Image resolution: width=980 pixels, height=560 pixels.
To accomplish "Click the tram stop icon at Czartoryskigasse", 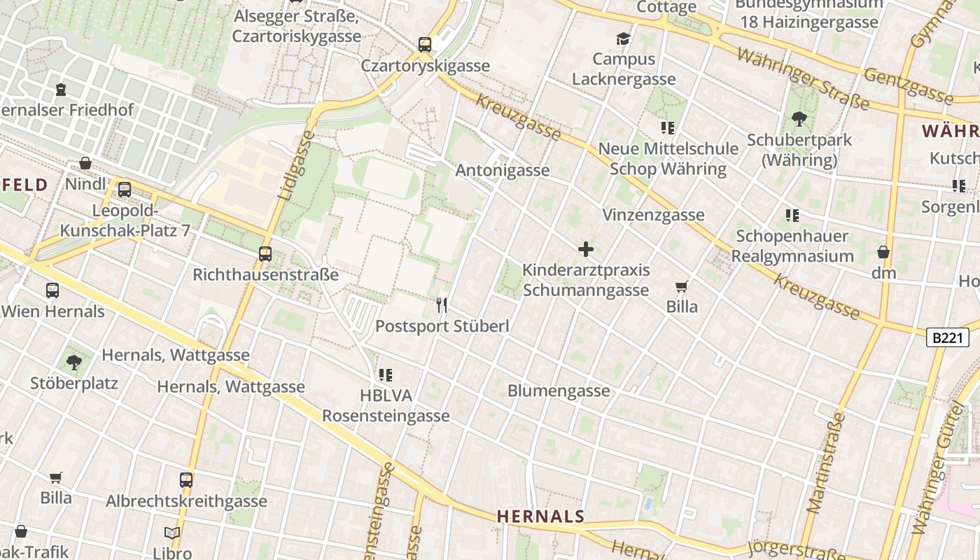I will pyautogui.click(x=425, y=45).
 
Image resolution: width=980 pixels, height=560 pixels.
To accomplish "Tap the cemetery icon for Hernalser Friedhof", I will pyautogui.click(x=62, y=90).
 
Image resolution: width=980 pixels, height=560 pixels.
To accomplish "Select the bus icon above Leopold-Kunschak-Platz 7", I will pyautogui.click(x=125, y=189).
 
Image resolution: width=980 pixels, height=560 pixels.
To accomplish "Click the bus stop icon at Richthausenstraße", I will pyautogui.click(x=265, y=254).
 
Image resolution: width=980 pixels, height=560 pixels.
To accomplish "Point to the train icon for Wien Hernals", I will pyautogui.click(x=52, y=290).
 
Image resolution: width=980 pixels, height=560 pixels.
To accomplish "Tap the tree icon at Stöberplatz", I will pyautogui.click(x=74, y=363).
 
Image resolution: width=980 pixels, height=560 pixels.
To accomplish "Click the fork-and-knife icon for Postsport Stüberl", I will pyautogui.click(x=442, y=304).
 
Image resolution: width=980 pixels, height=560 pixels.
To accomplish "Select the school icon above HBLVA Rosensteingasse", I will pyautogui.click(x=385, y=375).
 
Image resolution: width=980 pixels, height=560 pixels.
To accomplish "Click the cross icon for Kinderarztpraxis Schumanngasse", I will pyautogui.click(x=586, y=249).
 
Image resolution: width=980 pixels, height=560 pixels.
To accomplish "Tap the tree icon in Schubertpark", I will pyautogui.click(x=799, y=119).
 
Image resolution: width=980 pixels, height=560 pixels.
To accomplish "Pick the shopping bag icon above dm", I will pyautogui.click(x=883, y=252).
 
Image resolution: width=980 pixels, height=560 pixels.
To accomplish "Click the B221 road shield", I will pyautogui.click(x=948, y=337).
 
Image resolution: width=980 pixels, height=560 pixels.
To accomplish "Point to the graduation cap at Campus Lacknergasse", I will pyautogui.click(x=623, y=38).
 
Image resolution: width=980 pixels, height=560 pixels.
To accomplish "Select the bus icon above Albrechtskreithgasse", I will pyautogui.click(x=186, y=480).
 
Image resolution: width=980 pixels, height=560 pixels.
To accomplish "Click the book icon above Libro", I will pyautogui.click(x=172, y=533).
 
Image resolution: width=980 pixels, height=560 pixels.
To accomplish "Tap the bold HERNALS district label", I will pyautogui.click(x=540, y=517).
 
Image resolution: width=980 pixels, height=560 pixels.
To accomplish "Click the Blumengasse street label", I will pyautogui.click(x=559, y=391).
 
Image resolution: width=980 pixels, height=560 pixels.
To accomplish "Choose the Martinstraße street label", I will pyautogui.click(x=826, y=463).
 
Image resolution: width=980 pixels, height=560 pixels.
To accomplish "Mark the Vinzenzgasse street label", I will pyautogui.click(x=653, y=215).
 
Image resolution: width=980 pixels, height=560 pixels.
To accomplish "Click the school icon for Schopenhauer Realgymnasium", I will pyautogui.click(x=792, y=216).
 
